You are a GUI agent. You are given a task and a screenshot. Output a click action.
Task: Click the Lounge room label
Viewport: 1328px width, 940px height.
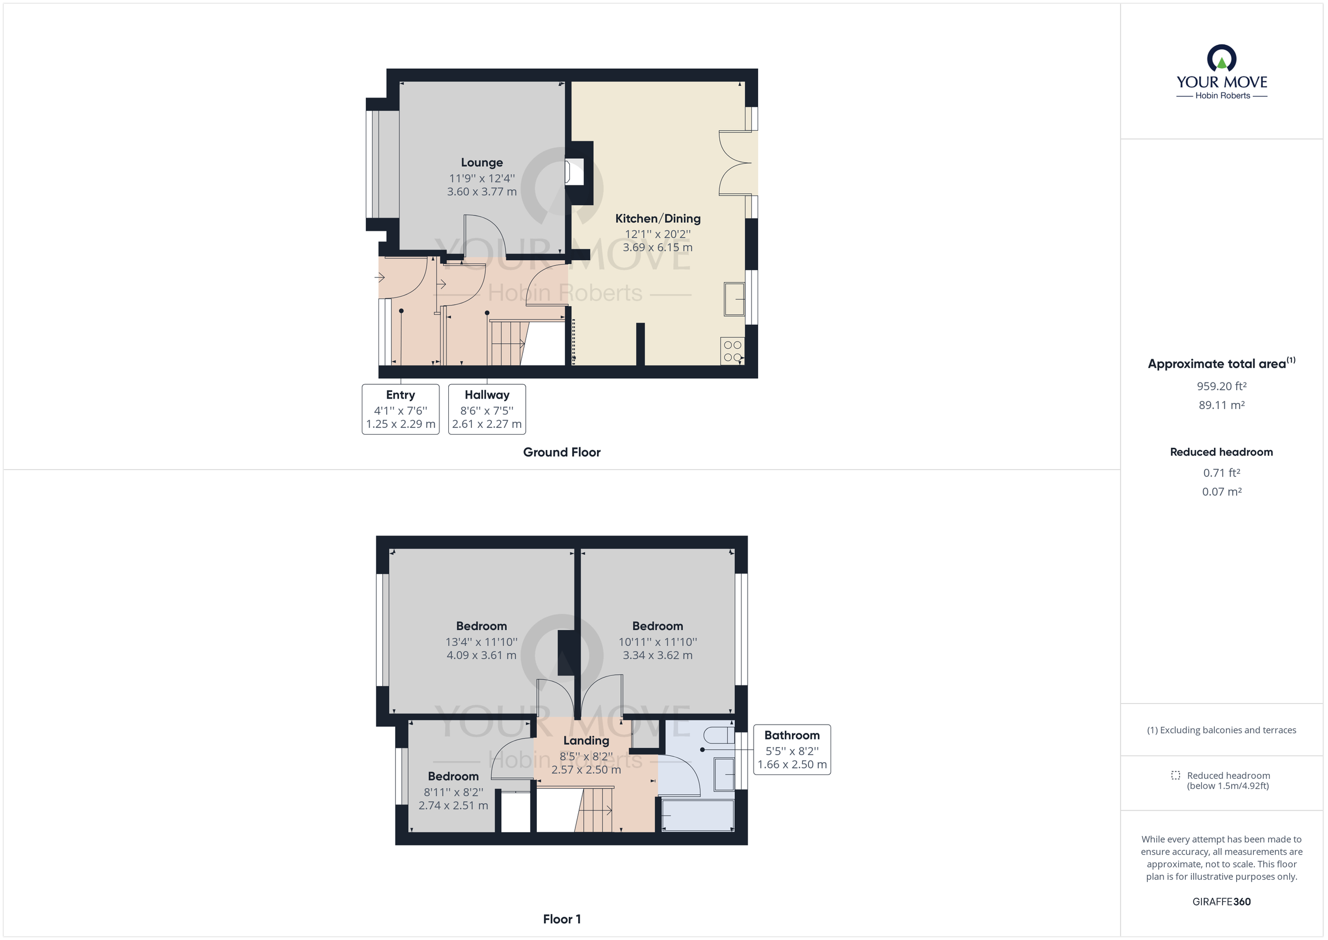pos(481,163)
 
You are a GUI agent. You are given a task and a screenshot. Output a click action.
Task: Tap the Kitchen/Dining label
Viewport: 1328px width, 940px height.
pos(658,219)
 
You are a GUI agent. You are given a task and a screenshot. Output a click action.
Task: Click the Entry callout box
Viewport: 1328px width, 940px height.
pos(400,409)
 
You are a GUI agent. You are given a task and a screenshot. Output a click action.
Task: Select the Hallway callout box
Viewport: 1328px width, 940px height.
pos(486,409)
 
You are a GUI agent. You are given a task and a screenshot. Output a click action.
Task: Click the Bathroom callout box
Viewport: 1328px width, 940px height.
pos(792,750)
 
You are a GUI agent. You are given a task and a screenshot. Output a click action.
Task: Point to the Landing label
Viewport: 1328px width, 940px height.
pos(586,740)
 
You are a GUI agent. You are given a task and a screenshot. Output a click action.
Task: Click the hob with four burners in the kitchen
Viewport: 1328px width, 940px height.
pos(732,352)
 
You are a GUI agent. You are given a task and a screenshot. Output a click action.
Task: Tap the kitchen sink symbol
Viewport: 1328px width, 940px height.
pos(734,299)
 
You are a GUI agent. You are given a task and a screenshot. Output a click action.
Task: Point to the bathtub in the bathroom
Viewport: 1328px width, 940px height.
pos(698,815)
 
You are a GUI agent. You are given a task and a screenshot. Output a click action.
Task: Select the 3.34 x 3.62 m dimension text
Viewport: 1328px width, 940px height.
pos(658,655)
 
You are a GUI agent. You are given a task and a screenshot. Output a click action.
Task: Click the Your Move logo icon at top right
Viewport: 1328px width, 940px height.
pos(1222,59)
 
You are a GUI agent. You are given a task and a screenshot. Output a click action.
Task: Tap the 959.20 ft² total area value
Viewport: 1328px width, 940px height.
pos(1222,386)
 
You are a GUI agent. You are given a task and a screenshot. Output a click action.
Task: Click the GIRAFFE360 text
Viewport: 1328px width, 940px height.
pos(1222,902)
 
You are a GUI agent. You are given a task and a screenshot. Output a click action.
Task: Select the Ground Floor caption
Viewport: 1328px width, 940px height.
pos(562,452)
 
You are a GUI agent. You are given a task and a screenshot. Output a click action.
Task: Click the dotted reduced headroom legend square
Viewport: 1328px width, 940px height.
pos(1175,775)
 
